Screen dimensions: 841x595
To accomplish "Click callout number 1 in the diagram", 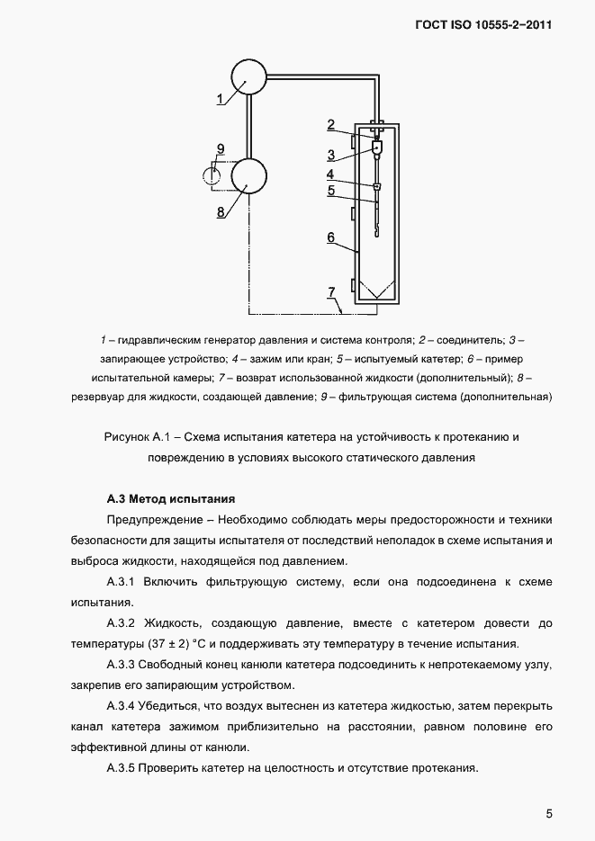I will [x=221, y=99].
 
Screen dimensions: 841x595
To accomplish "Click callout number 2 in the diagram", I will [x=331, y=124].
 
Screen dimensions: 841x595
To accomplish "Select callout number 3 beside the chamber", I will [x=331, y=154].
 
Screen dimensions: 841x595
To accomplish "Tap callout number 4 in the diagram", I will [x=330, y=174].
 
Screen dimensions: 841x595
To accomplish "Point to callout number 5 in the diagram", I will [x=331, y=191].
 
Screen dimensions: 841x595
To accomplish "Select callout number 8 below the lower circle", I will [x=221, y=212].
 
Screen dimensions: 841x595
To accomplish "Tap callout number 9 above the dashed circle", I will [x=221, y=148].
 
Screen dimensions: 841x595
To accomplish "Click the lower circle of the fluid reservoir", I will [x=251, y=174].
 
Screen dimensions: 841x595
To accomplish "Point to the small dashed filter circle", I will [x=212, y=173].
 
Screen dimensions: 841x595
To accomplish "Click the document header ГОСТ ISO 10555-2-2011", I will [x=482, y=24].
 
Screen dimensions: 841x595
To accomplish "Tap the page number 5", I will [x=548, y=815].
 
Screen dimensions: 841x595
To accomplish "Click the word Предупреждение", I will [x=153, y=521].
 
